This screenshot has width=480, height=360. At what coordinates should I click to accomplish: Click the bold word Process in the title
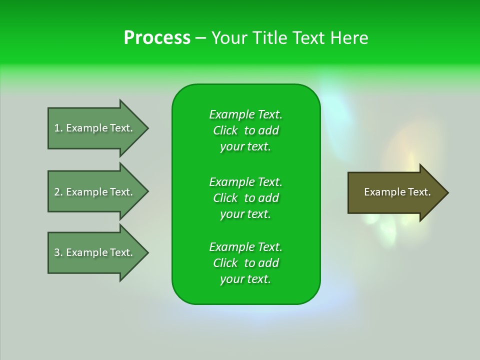coord(157,38)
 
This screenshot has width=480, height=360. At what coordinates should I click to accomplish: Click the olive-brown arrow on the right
coord(395,192)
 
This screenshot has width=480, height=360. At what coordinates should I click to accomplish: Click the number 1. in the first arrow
coord(58,128)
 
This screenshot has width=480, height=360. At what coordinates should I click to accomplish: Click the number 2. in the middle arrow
coord(58,192)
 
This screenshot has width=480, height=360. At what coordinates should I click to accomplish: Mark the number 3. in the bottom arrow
coord(58,252)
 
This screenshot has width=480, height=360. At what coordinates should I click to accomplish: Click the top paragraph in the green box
coord(245,130)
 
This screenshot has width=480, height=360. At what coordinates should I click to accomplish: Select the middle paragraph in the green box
coord(245,198)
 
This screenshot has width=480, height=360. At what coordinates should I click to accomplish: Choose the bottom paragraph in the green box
coord(245,263)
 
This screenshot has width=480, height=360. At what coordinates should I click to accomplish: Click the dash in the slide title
coord(200,38)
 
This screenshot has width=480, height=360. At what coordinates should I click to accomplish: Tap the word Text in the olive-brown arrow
coord(420,192)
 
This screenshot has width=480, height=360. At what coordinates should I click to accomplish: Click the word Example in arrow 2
coord(86,192)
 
